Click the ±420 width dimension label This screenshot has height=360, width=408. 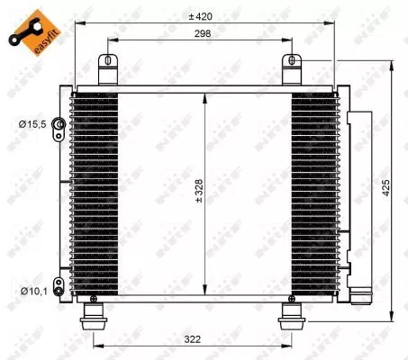(201, 16)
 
